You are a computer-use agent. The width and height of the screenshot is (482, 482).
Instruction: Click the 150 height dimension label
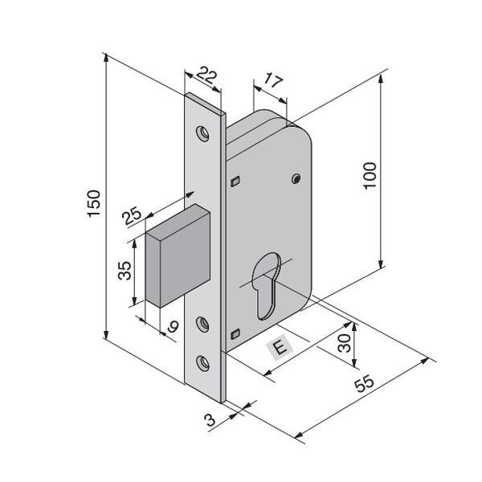(94, 204)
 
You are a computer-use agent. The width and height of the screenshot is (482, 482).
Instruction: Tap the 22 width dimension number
(207, 75)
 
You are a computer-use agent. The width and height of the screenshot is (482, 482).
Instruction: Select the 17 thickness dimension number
(273, 80)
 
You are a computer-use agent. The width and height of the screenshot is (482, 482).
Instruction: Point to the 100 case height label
(370, 175)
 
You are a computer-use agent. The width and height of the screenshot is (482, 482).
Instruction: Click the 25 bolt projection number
(132, 215)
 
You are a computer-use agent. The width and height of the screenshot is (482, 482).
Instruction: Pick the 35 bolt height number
(125, 271)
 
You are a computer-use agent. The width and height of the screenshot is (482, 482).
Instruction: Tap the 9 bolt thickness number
(174, 326)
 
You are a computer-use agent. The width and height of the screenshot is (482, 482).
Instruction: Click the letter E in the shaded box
(280, 348)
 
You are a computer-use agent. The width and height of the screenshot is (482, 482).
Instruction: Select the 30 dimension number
(344, 343)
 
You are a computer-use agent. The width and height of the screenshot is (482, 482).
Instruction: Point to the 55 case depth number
(364, 383)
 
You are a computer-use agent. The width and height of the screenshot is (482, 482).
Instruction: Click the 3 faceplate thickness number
(210, 419)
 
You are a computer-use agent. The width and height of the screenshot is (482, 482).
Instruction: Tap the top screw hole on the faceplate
(203, 133)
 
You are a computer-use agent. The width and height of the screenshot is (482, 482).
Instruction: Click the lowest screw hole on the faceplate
(203, 363)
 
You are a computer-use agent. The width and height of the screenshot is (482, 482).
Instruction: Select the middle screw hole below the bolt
(203, 325)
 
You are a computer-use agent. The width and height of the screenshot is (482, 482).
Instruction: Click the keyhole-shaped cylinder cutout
(266, 285)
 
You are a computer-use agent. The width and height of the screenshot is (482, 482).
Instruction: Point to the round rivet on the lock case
(296, 178)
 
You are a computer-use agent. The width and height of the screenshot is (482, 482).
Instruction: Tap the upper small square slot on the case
(235, 182)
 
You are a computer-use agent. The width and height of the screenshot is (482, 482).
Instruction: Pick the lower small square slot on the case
(235, 334)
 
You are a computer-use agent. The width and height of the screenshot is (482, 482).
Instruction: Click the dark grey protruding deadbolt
(178, 255)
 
